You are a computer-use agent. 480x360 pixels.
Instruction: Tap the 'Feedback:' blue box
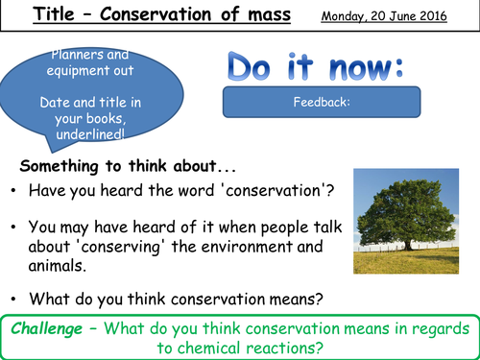click(x=322, y=100)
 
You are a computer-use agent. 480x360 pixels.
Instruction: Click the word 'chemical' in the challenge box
click(x=205, y=346)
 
